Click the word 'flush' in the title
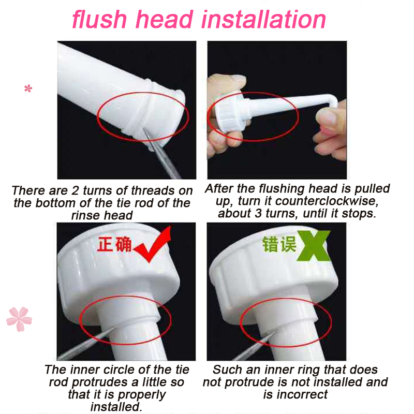(99, 19)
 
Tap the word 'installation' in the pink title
(263, 19)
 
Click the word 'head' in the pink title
(164, 19)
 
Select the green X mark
(314, 245)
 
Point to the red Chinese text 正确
(114, 244)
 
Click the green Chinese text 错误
(279, 244)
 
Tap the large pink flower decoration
(19, 319)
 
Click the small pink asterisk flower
(28, 88)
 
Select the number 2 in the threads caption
(75, 190)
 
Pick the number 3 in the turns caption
(258, 213)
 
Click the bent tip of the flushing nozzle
(333, 100)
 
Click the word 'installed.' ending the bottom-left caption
(116, 407)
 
